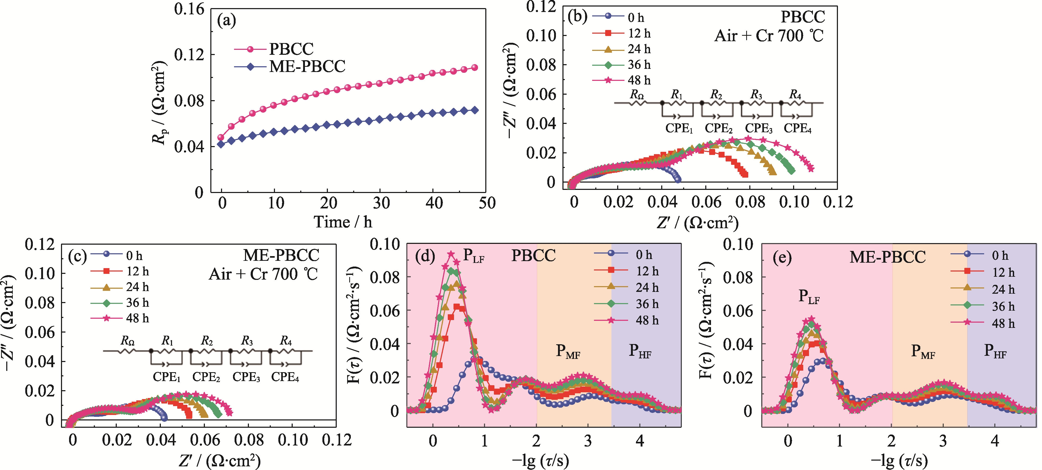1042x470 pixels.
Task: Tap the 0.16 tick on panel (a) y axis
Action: (x=189, y=9)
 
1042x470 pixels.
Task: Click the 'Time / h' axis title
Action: (x=343, y=222)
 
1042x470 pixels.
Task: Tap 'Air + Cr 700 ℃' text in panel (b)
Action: (x=769, y=36)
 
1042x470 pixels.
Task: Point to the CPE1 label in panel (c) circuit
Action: (x=166, y=377)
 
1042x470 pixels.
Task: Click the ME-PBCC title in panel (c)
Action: (x=281, y=255)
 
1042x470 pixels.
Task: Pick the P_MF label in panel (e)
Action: (x=923, y=351)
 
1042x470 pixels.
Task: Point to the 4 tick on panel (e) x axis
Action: (x=995, y=441)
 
